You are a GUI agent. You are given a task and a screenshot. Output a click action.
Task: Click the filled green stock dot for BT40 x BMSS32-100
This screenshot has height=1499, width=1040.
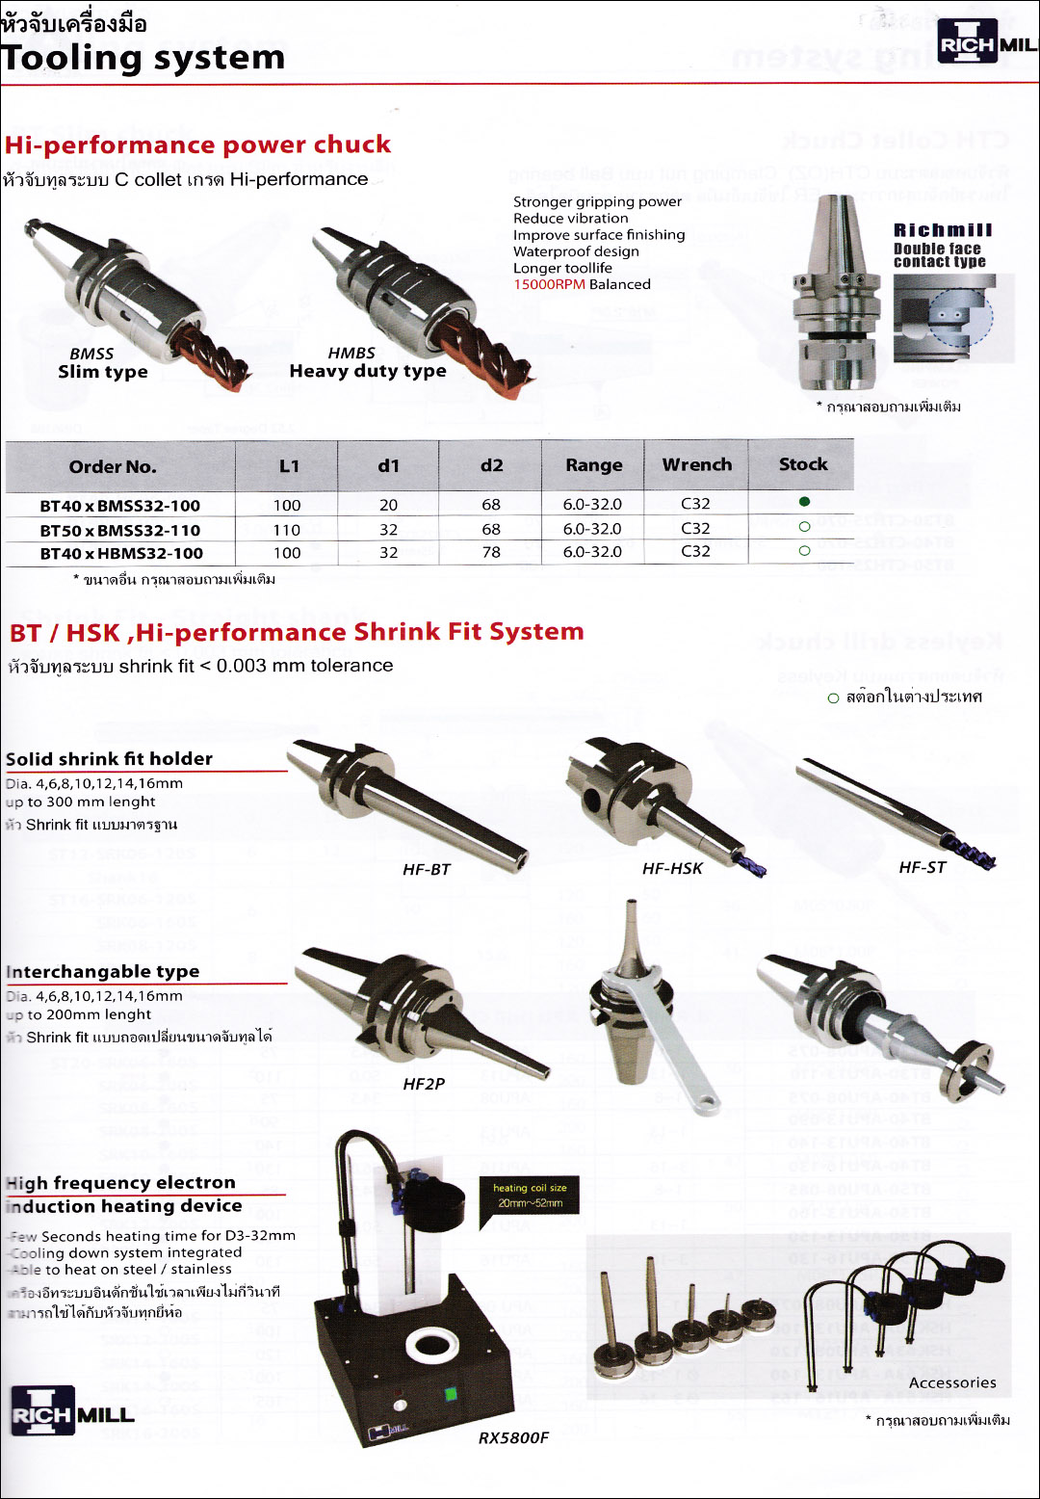(804, 501)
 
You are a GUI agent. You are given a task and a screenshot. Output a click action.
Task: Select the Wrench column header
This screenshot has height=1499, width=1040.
(696, 464)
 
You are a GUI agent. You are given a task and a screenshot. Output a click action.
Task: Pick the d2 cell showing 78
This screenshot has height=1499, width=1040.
(491, 552)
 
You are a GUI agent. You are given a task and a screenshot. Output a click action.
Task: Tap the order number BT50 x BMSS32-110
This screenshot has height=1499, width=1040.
(120, 530)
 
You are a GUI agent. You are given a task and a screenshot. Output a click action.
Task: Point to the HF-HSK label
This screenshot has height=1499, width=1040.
(672, 868)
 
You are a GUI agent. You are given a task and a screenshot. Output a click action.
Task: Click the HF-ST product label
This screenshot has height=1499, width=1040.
(922, 867)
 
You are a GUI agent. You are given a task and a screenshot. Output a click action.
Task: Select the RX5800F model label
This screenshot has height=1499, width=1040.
(513, 1437)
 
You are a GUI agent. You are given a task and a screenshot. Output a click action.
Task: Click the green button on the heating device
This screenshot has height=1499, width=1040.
(449, 1393)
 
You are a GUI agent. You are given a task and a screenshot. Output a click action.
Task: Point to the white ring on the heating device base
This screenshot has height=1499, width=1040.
(436, 1342)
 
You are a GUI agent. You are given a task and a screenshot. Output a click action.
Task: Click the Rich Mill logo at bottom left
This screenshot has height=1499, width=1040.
(72, 1411)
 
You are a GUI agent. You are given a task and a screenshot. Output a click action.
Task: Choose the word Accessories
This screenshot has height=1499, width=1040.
(951, 1382)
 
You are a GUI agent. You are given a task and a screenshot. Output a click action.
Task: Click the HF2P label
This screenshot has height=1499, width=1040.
(424, 1084)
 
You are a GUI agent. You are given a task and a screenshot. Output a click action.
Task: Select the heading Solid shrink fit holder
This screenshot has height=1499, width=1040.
(109, 758)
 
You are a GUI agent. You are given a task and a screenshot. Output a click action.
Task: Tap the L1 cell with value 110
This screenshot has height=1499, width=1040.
(287, 530)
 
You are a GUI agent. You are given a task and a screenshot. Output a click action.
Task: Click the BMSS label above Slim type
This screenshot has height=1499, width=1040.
(91, 354)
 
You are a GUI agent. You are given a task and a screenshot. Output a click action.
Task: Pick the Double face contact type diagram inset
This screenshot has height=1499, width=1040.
(952, 318)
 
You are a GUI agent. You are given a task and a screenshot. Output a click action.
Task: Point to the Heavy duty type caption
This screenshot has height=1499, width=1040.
(368, 371)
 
